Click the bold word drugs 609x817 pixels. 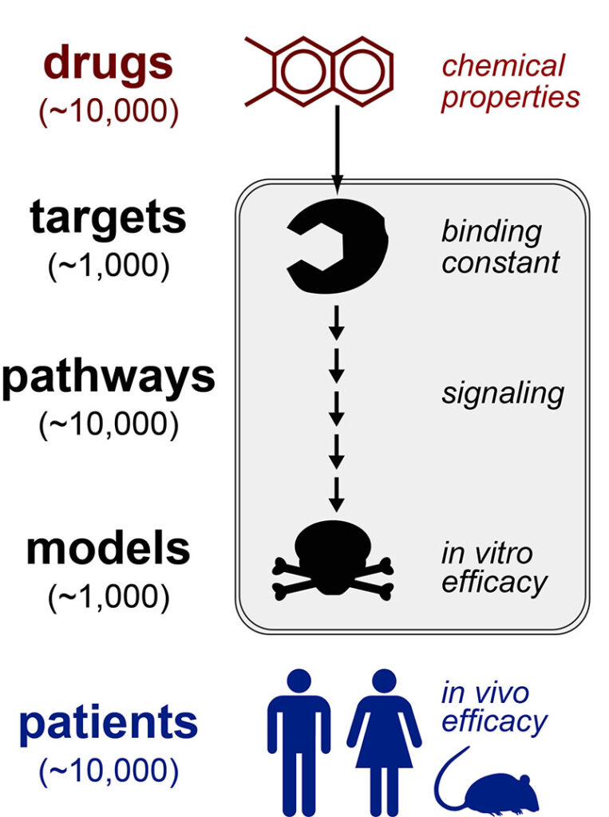107,64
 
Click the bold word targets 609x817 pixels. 109,218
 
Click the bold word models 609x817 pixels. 109,550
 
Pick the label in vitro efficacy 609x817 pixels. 494,567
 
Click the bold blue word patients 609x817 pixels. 109,723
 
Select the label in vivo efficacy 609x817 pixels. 494,707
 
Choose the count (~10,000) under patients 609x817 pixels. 109,771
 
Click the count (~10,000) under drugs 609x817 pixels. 109,111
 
